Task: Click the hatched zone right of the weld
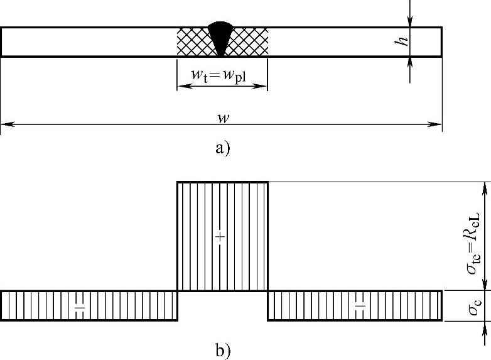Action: (x=252, y=42)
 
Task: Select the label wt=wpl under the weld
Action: (x=222, y=74)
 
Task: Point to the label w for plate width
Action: (x=220, y=117)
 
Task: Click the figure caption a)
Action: (x=222, y=148)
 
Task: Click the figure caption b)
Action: (x=222, y=351)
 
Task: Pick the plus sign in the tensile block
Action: (x=219, y=236)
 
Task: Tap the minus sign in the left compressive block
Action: (x=80, y=307)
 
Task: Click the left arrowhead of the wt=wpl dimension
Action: (x=181, y=86)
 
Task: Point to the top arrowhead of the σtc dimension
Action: (x=483, y=186)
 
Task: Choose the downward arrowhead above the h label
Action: (x=409, y=22)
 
